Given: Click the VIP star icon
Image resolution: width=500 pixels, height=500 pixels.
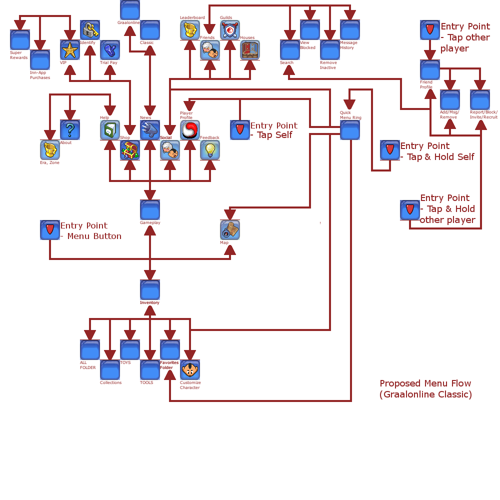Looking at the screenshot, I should (70, 50).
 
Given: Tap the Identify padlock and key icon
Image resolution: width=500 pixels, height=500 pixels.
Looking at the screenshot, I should (90, 30).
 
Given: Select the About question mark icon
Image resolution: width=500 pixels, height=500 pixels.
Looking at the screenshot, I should (70, 130).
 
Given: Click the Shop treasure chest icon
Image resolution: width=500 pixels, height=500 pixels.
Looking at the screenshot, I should (130, 150).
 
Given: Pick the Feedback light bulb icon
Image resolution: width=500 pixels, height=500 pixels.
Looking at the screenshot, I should (210, 150).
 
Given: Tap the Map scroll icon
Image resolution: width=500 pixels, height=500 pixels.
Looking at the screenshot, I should (230, 230).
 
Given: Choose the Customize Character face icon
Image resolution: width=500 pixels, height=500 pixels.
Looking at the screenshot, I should (190, 370).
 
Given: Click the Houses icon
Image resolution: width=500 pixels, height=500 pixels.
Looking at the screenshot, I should (250, 50).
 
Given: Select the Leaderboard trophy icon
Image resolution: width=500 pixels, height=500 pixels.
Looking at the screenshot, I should (190, 30).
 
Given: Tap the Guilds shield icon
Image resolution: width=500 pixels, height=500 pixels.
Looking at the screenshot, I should (230, 30).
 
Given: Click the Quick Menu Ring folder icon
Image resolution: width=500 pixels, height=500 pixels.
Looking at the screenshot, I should (350, 130).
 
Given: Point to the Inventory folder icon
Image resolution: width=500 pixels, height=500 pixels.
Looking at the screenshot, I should (150, 290).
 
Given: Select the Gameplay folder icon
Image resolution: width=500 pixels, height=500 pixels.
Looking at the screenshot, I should (150, 210).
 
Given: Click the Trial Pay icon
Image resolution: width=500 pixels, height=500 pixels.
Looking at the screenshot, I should (110, 50).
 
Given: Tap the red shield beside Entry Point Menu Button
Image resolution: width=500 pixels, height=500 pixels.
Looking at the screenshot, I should (50, 230).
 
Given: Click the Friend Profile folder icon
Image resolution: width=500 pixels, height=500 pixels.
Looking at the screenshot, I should (430, 70).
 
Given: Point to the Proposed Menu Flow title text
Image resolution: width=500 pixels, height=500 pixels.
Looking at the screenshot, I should (425, 389).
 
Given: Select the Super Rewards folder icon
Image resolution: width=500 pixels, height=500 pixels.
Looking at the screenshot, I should (20, 40).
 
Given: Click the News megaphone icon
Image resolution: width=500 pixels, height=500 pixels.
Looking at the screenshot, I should (150, 130).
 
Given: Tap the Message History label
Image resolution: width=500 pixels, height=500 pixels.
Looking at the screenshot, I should (348, 45).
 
